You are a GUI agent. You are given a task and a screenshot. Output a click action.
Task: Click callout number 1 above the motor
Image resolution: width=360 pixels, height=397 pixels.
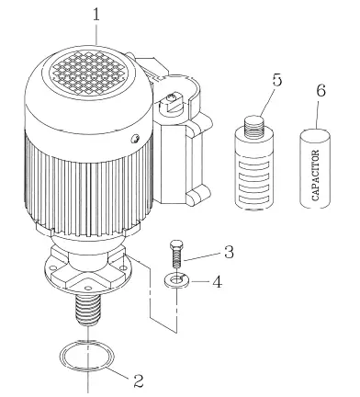pos(96,15)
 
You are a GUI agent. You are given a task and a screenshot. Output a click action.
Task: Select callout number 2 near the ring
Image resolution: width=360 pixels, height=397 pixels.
pos(138,377)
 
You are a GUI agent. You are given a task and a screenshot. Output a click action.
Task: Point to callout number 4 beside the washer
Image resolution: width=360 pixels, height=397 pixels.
pos(217,281)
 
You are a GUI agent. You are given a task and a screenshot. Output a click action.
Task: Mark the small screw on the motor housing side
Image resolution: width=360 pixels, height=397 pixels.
pos(134,139)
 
